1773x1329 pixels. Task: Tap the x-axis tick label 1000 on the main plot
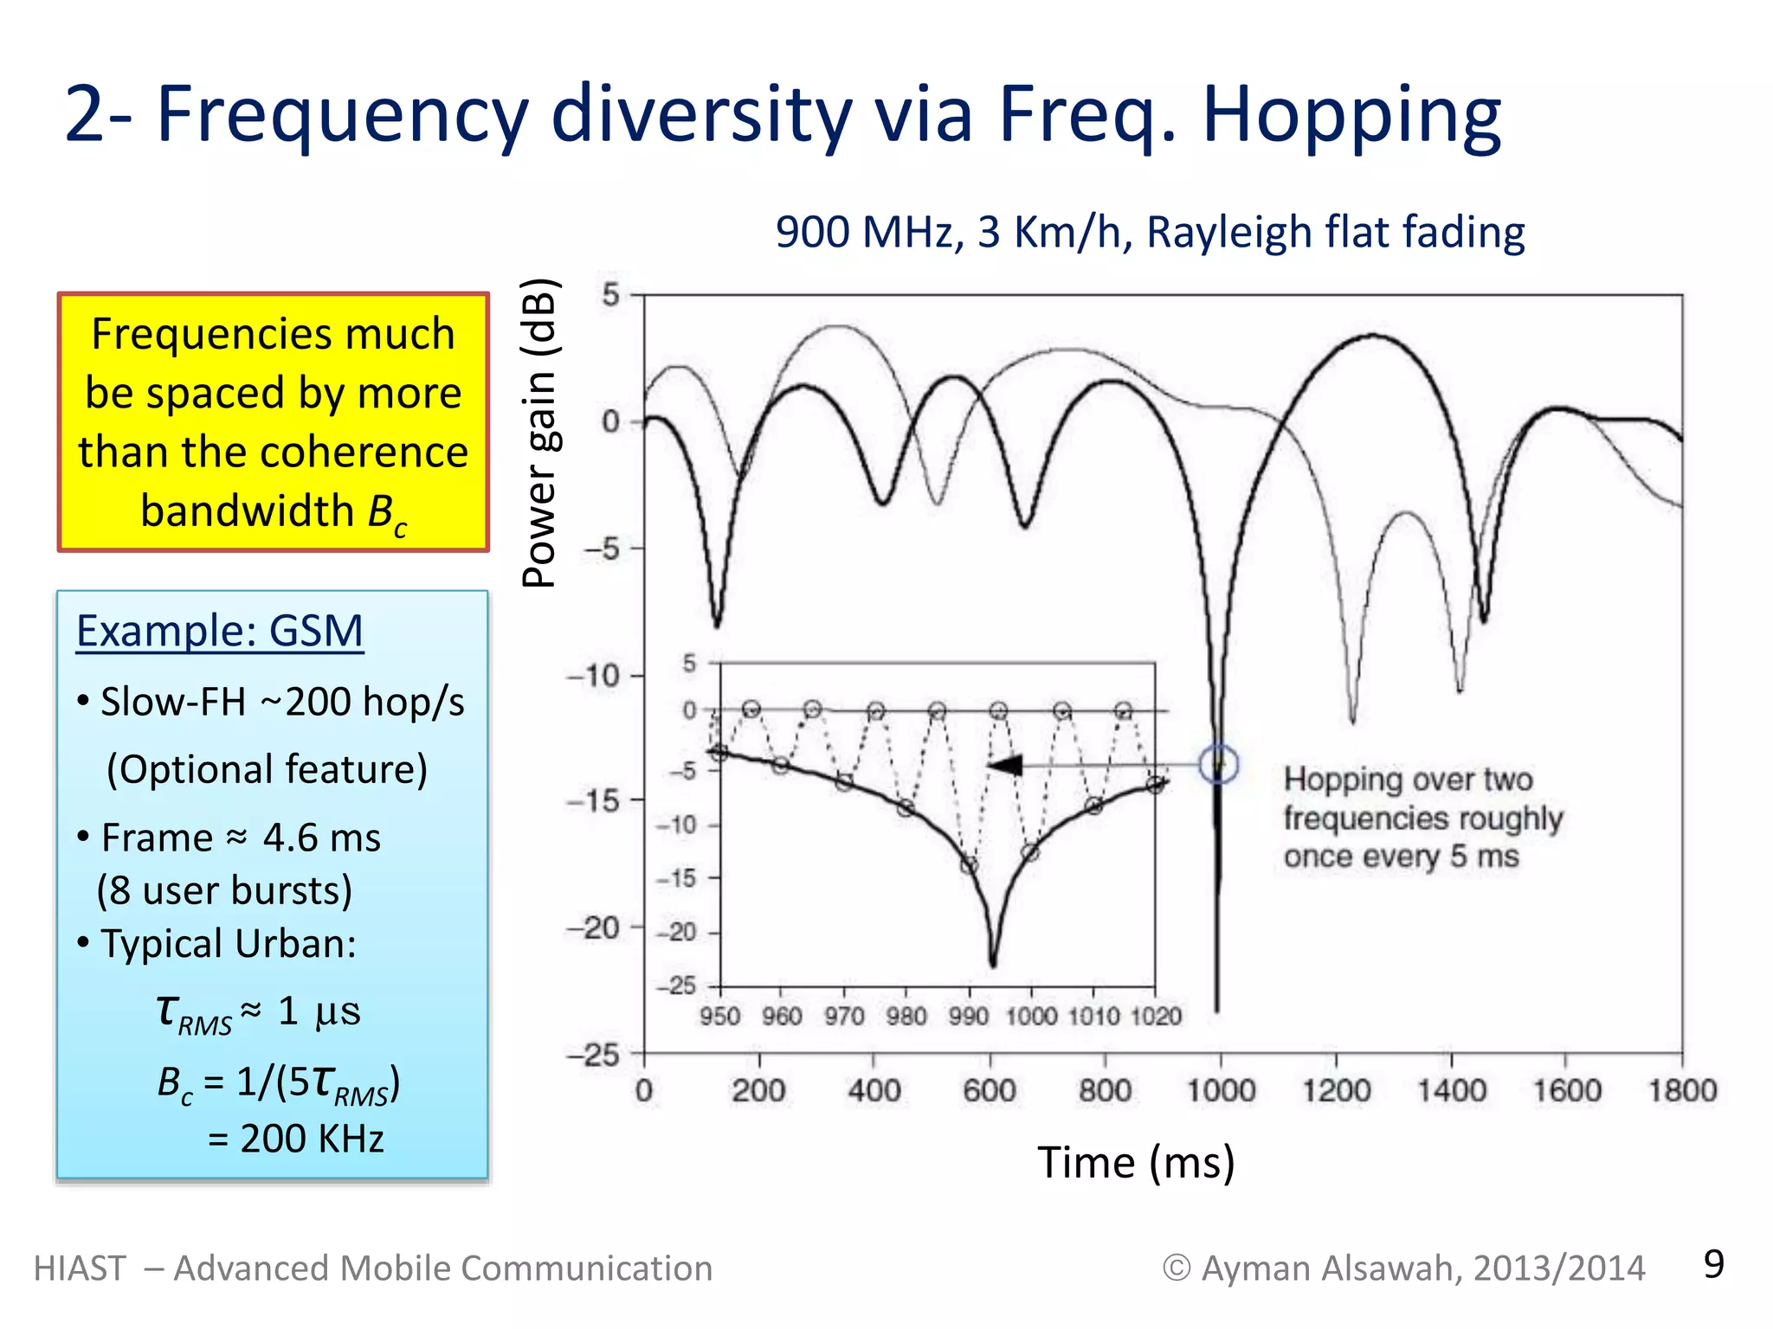(x=1220, y=1090)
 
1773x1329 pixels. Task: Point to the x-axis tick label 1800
(x=1681, y=1090)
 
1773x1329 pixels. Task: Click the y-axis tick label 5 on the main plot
(x=611, y=295)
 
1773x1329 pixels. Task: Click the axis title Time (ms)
(x=1136, y=1162)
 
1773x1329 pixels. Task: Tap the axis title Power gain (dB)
(x=541, y=433)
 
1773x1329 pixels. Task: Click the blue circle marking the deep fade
(x=1218, y=764)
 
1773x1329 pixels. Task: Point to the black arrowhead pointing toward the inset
(x=1006, y=766)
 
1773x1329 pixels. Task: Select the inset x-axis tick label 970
(x=844, y=1016)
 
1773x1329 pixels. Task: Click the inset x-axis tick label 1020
(x=1156, y=1016)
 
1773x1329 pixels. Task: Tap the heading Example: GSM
(x=219, y=631)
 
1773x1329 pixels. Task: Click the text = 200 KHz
(x=296, y=1139)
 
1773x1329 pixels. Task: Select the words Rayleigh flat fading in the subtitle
(x=1335, y=233)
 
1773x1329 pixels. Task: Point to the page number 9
(x=1713, y=1264)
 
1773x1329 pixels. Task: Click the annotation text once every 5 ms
(x=1401, y=857)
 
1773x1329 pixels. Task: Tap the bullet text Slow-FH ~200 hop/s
(x=282, y=702)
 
